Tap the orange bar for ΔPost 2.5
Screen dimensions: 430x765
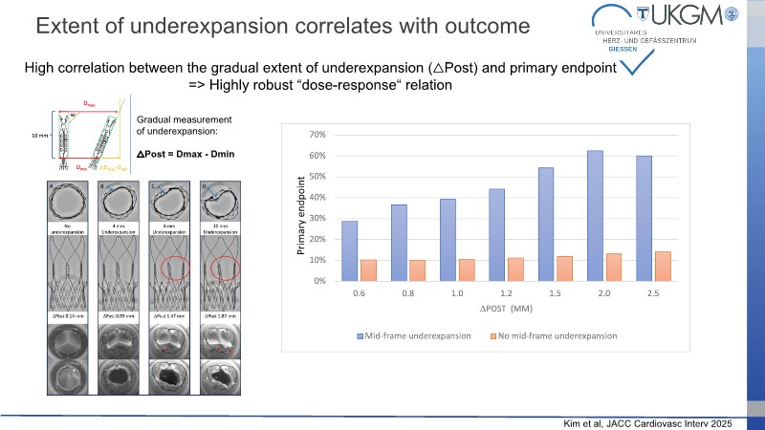click(663, 267)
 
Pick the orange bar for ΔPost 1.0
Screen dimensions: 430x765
click(467, 270)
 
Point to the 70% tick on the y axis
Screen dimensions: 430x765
click(316, 135)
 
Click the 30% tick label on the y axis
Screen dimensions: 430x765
click(316, 219)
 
